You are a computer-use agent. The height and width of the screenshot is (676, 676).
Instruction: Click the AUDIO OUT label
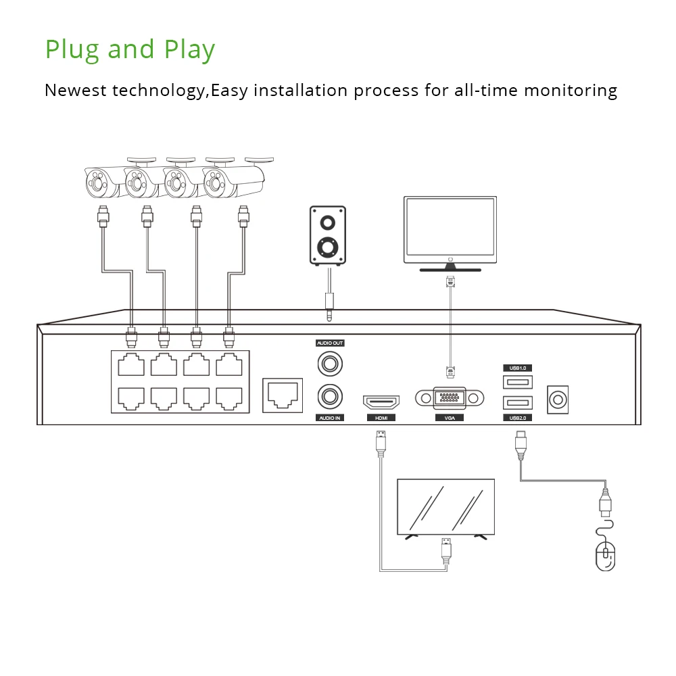331,343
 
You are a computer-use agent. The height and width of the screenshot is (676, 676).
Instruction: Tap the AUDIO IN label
331,418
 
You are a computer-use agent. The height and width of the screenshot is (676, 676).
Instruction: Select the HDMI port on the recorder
381,402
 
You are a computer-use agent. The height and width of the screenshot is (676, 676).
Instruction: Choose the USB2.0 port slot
518,403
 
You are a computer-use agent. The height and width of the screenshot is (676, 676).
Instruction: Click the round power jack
558,400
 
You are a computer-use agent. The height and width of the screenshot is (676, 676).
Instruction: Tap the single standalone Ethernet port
281,393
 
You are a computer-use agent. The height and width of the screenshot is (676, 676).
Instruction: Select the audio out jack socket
331,364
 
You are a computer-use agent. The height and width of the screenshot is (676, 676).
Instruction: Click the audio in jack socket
331,394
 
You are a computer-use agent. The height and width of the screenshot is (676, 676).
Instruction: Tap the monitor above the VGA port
450,230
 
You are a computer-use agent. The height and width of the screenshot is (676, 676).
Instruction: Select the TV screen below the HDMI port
445,506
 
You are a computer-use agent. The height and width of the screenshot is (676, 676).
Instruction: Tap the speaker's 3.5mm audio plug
329,304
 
